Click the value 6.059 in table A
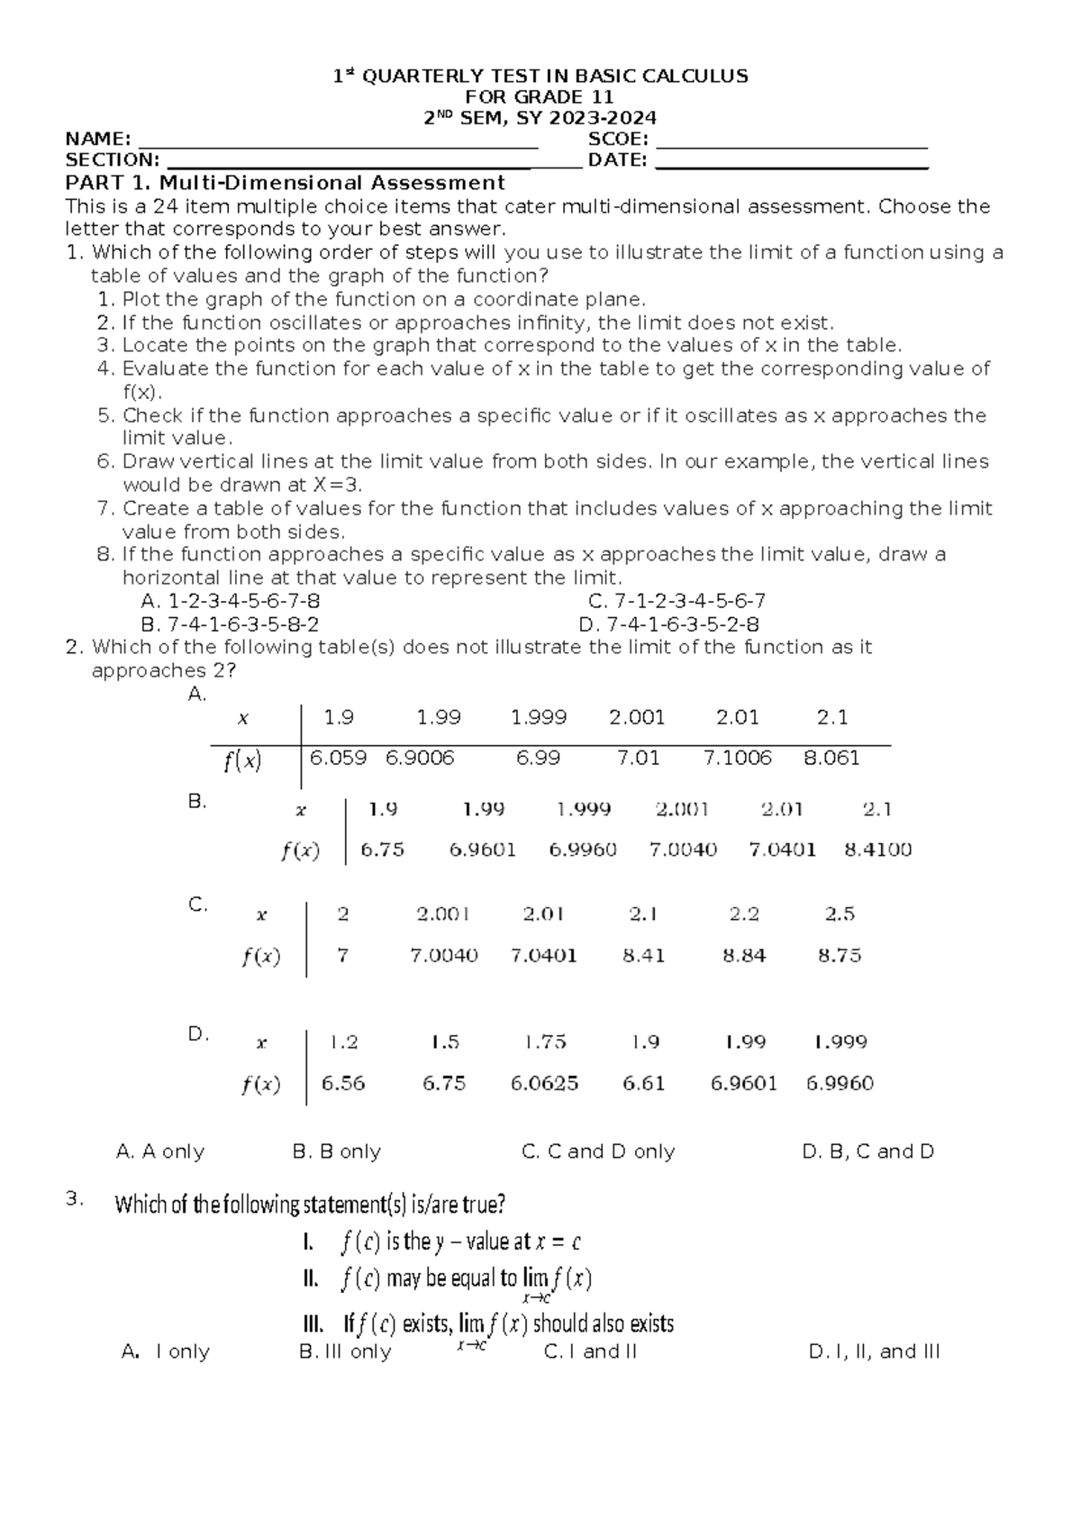[x=338, y=758]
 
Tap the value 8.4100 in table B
[x=877, y=850]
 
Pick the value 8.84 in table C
[x=744, y=955]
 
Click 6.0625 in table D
[x=544, y=1083]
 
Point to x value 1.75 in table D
[x=545, y=1042]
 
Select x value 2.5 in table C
[x=840, y=914]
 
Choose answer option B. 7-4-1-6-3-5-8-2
[x=231, y=624]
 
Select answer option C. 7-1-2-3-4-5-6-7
[x=676, y=601]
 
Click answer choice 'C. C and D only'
[x=598, y=1151]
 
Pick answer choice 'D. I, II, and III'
[x=874, y=1351]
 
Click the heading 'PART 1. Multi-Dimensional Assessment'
[x=285, y=184]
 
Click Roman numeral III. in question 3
[x=313, y=1324]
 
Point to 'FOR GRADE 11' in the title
[x=539, y=96]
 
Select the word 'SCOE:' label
[x=618, y=139]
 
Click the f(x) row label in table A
[x=242, y=761]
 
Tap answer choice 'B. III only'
[x=345, y=1351]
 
